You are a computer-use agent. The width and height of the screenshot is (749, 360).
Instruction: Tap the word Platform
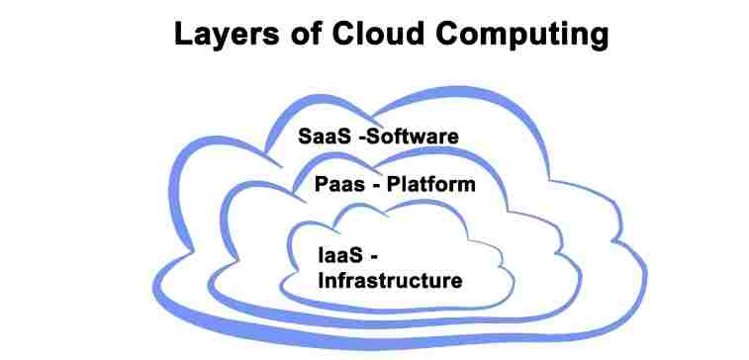click(x=431, y=184)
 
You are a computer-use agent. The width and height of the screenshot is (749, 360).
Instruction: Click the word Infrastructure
click(x=390, y=280)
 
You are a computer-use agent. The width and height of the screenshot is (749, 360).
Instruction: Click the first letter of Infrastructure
click(x=321, y=280)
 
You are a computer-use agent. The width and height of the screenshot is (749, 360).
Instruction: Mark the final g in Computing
click(x=594, y=38)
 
